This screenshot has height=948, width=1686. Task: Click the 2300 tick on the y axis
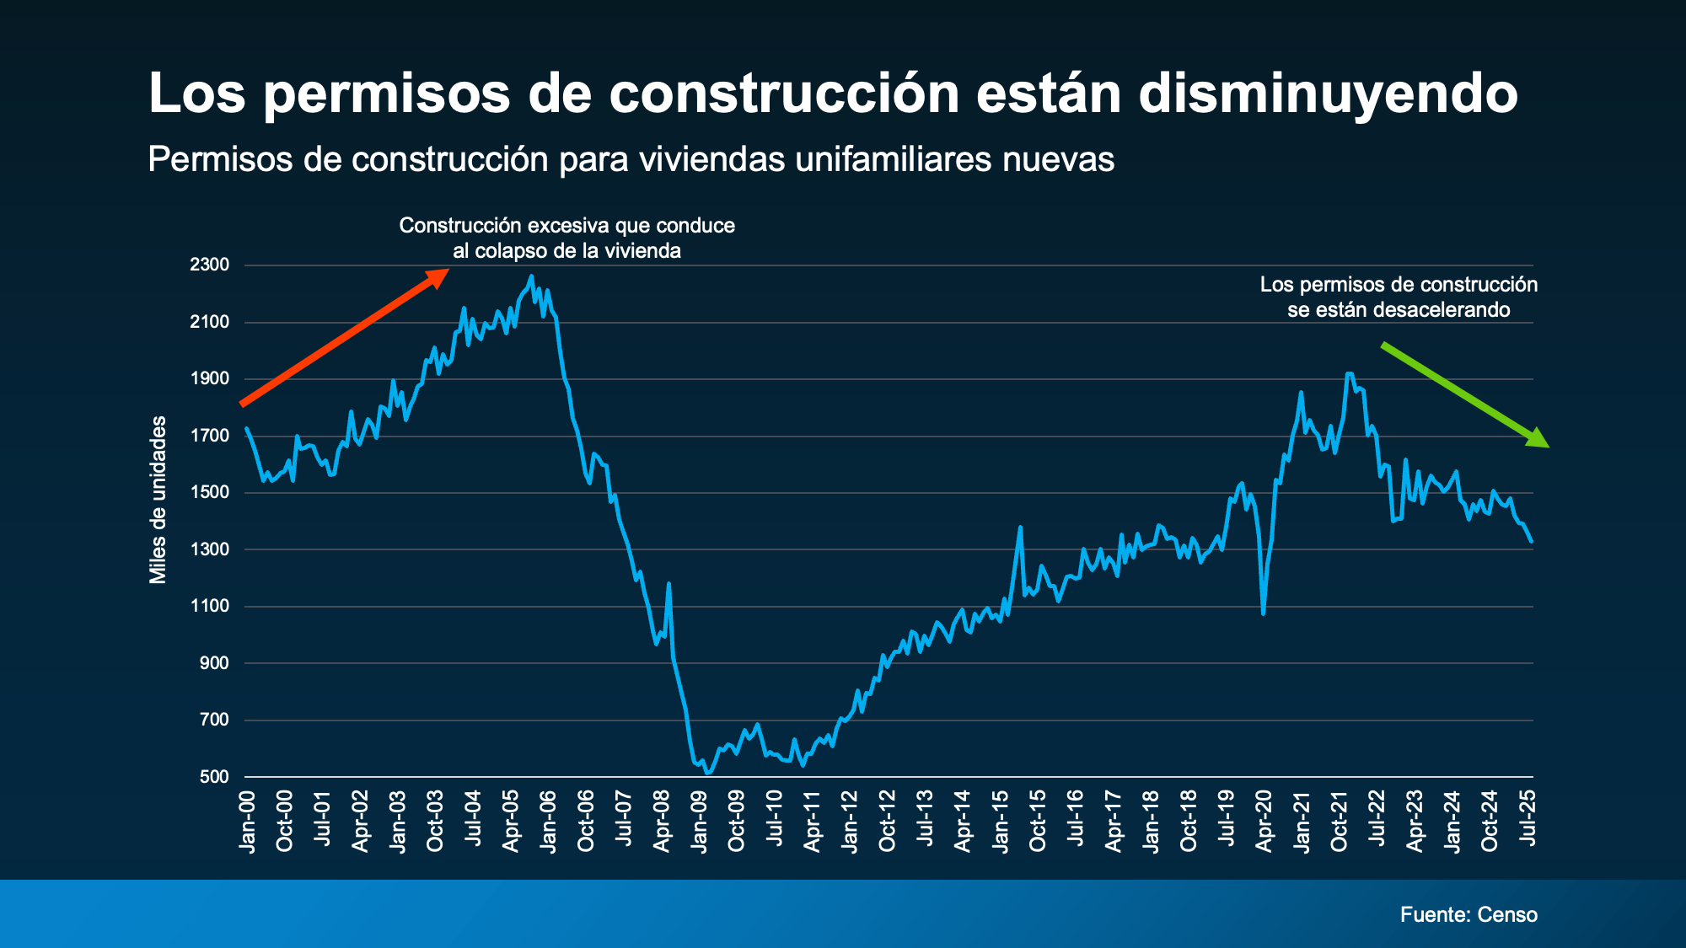pos(210,265)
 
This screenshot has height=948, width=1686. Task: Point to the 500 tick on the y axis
pos(214,777)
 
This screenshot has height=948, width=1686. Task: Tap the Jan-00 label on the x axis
pos(247,822)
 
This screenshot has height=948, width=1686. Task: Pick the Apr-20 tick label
pos(1264,822)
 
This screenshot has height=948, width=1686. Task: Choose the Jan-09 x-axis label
pos(699,822)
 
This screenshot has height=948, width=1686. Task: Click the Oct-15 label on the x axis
pos(1038,822)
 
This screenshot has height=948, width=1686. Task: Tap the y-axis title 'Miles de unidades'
pos(158,500)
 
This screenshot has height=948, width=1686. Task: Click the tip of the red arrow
pos(447,271)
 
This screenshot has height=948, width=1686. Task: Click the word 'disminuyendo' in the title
pos(1328,93)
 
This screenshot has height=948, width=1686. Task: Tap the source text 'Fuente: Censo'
pos(1469,914)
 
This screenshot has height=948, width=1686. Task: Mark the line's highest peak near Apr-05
pos(531,276)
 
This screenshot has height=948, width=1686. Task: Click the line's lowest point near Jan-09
pos(707,773)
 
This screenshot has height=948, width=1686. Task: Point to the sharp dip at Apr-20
pos(1263,613)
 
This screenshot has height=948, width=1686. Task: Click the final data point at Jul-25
pos(1531,542)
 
